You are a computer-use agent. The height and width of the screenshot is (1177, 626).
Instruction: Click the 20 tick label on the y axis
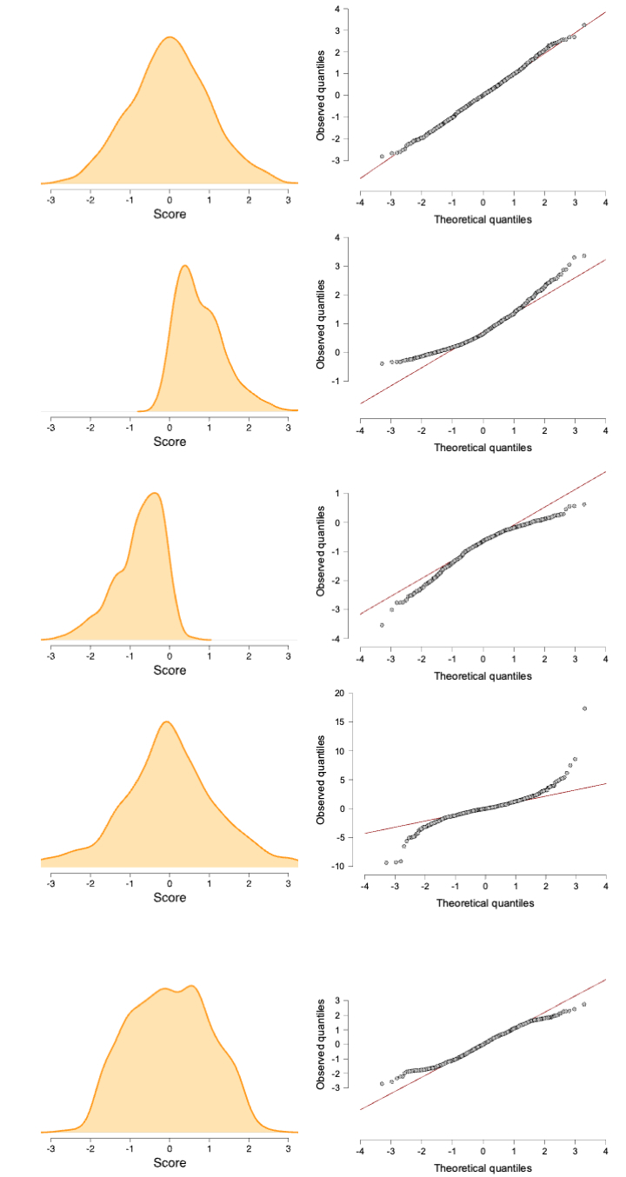coord(337,693)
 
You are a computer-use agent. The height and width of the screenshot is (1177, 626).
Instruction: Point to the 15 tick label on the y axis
coord(337,721)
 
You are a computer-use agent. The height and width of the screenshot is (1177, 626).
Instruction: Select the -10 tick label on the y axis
coord(336,866)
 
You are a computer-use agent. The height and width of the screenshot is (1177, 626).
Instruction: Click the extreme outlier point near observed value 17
coord(584,708)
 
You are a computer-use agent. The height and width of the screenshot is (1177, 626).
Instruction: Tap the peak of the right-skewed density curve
coord(184,266)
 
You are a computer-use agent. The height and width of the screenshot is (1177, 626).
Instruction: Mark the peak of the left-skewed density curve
coord(155,493)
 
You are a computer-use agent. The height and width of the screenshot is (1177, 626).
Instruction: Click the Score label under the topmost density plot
coord(170,214)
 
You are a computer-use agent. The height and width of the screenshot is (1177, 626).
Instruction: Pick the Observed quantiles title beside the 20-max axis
coord(321,780)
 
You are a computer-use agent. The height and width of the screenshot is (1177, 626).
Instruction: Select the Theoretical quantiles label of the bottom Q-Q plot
coord(483,1167)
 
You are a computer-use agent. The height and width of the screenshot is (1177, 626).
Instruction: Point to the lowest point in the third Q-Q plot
coord(382,625)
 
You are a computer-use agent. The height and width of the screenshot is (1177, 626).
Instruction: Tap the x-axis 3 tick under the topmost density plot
coord(289,199)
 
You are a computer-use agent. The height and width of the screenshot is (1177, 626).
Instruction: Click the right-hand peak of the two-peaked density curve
coord(191,986)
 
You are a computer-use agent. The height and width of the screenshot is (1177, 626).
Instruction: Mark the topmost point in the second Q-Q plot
coord(583,256)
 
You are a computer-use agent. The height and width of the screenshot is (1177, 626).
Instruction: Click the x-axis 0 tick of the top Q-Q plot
coord(483,203)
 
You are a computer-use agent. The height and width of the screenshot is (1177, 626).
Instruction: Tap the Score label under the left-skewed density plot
coord(170,670)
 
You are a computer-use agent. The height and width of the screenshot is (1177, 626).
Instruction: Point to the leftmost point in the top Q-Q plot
coord(382,156)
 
